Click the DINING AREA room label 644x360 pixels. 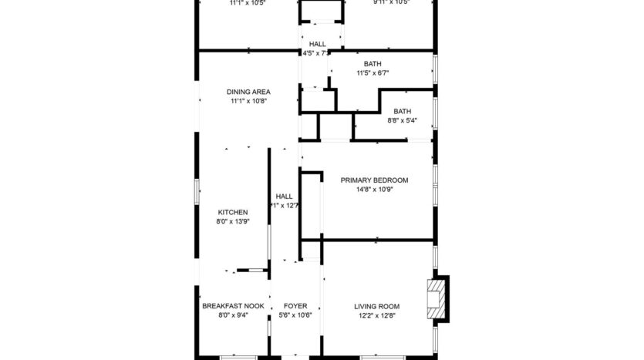(x=248, y=92)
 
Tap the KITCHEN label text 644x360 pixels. (x=232, y=212)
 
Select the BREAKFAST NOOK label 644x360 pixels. (x=233, y=306)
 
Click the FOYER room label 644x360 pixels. (x=295, y=306)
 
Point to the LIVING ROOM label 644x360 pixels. (x=376, y=306)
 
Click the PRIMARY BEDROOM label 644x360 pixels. (x=374, y=180)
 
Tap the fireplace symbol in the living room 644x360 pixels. (x=436, y=298)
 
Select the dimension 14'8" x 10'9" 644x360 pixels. (x=374, y=190)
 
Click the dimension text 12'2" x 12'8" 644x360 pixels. (x=376, y=315)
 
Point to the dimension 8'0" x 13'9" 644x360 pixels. (x=232, y=221)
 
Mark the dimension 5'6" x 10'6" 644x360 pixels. (x=295, y=315)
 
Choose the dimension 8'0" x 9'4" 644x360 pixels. (x=232, y=315)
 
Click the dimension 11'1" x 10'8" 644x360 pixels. (x=248, y=101)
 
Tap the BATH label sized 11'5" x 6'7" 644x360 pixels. (x=372, y=64)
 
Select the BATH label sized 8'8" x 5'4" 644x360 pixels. (x=402, y=111)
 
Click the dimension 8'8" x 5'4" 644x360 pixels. (x=402, y=120)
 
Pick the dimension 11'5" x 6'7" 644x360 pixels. (x=372, y=73)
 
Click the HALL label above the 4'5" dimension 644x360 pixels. (x=317, y=44)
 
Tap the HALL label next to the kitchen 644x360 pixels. (x=284, y=196)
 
